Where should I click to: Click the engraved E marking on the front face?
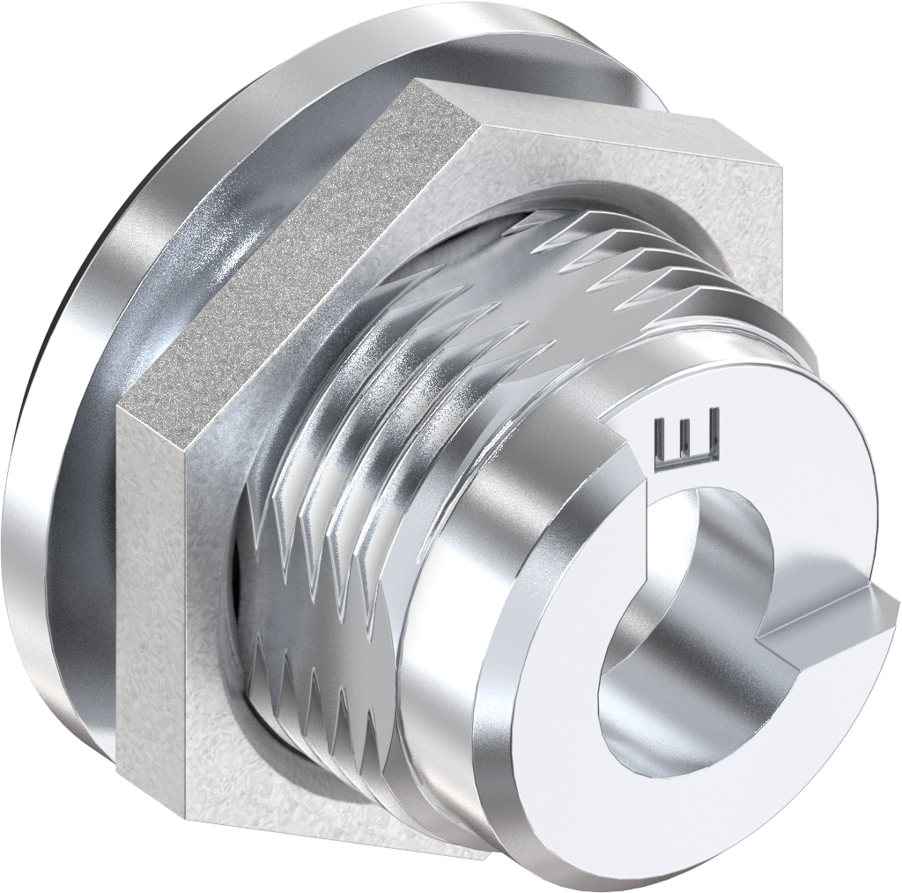coord(688,435)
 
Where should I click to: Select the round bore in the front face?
coord(678,635)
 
